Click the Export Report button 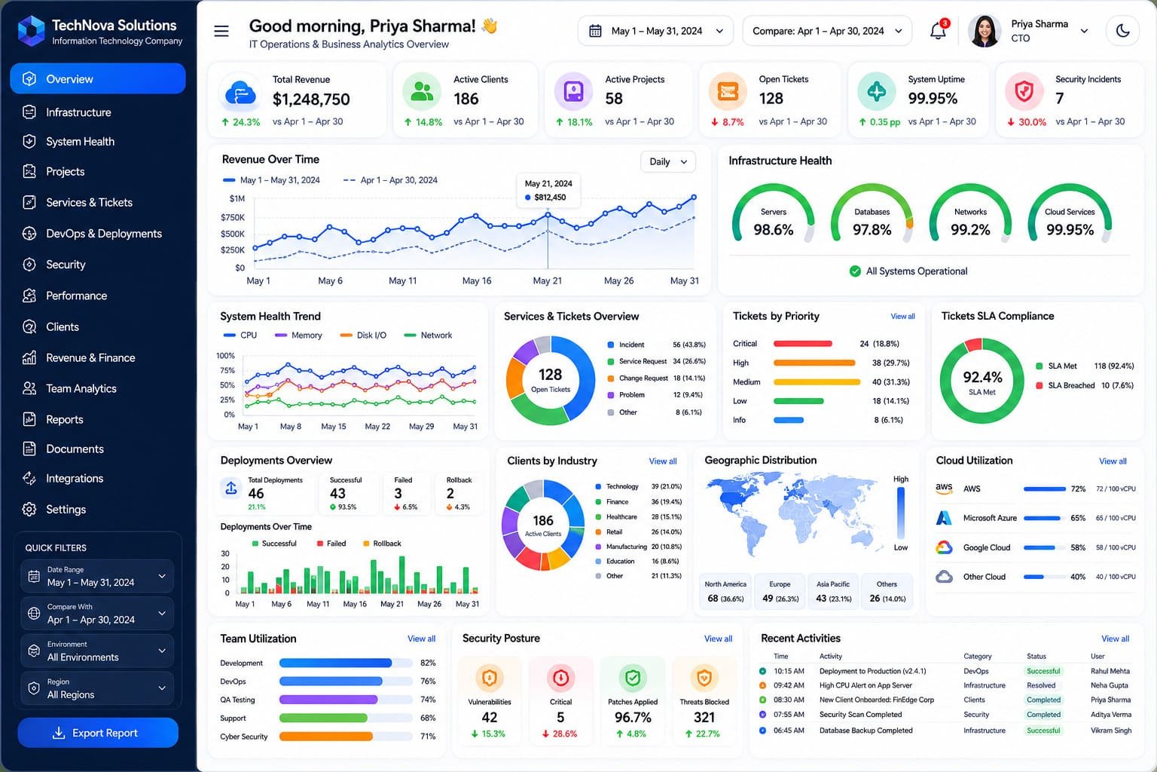(x=98, y=732)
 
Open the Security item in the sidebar (x=66, y=264)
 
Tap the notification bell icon (x=938, y=30)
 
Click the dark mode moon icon (x=1122, y=30)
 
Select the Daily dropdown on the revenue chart (x=668, y=162)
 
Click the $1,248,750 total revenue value (x=311, y=99)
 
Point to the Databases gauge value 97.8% (x=872, y=230)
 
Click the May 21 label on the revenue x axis (x=548, y=280)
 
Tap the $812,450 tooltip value (x=550, y=197)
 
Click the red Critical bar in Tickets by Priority (x=803, y=344)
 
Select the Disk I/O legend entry (x=363, y=335)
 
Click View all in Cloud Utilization (x=1113, y=461)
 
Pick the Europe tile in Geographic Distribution (x=780, y=591)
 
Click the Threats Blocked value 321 (x=704, y=717)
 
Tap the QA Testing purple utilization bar (x=328, y=700)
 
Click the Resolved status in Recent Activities (x=1041, y=685)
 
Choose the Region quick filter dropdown (x=98, y=688)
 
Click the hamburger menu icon (x=221, y=31)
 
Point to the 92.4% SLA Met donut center (x=982, y=381)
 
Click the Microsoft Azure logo (x=944, y=518)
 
